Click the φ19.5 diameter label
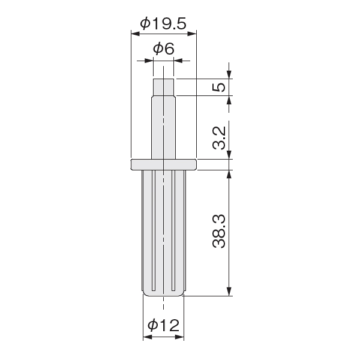click(x=163, y=23)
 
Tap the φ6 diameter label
click(x=164, y=49)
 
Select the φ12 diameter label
click(x=163, y=325)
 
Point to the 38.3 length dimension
click(x=219, y=232)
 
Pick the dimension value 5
click(x=219, y=87)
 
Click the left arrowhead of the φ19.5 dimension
click(x=136, y=34)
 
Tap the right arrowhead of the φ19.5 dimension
click(x=192, y=34)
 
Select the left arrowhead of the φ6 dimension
click(x=149, y=61)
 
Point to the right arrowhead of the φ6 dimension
click(x=178, y=61)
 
